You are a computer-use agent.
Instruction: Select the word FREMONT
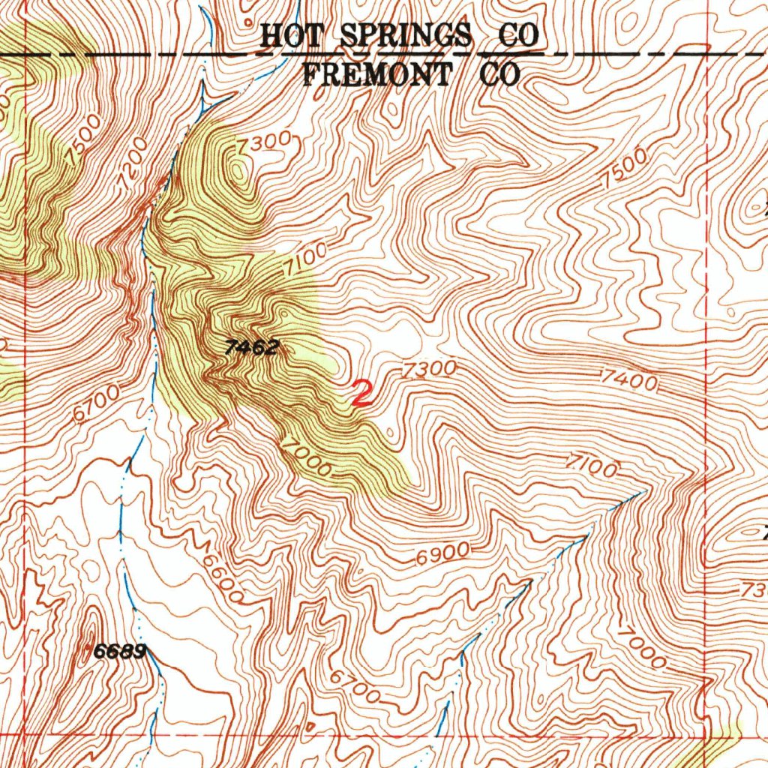point(377,74)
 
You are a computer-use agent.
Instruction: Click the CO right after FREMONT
point(496,74)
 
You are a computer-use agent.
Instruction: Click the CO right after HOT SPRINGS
point(520,35)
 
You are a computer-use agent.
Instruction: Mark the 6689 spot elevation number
point(118,652)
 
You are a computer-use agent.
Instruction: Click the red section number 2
point(362,393)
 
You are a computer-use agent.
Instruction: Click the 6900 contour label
point(443,553)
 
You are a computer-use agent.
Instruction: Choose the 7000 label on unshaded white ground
point(641,647)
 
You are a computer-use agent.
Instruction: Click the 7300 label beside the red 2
point(429,369)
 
